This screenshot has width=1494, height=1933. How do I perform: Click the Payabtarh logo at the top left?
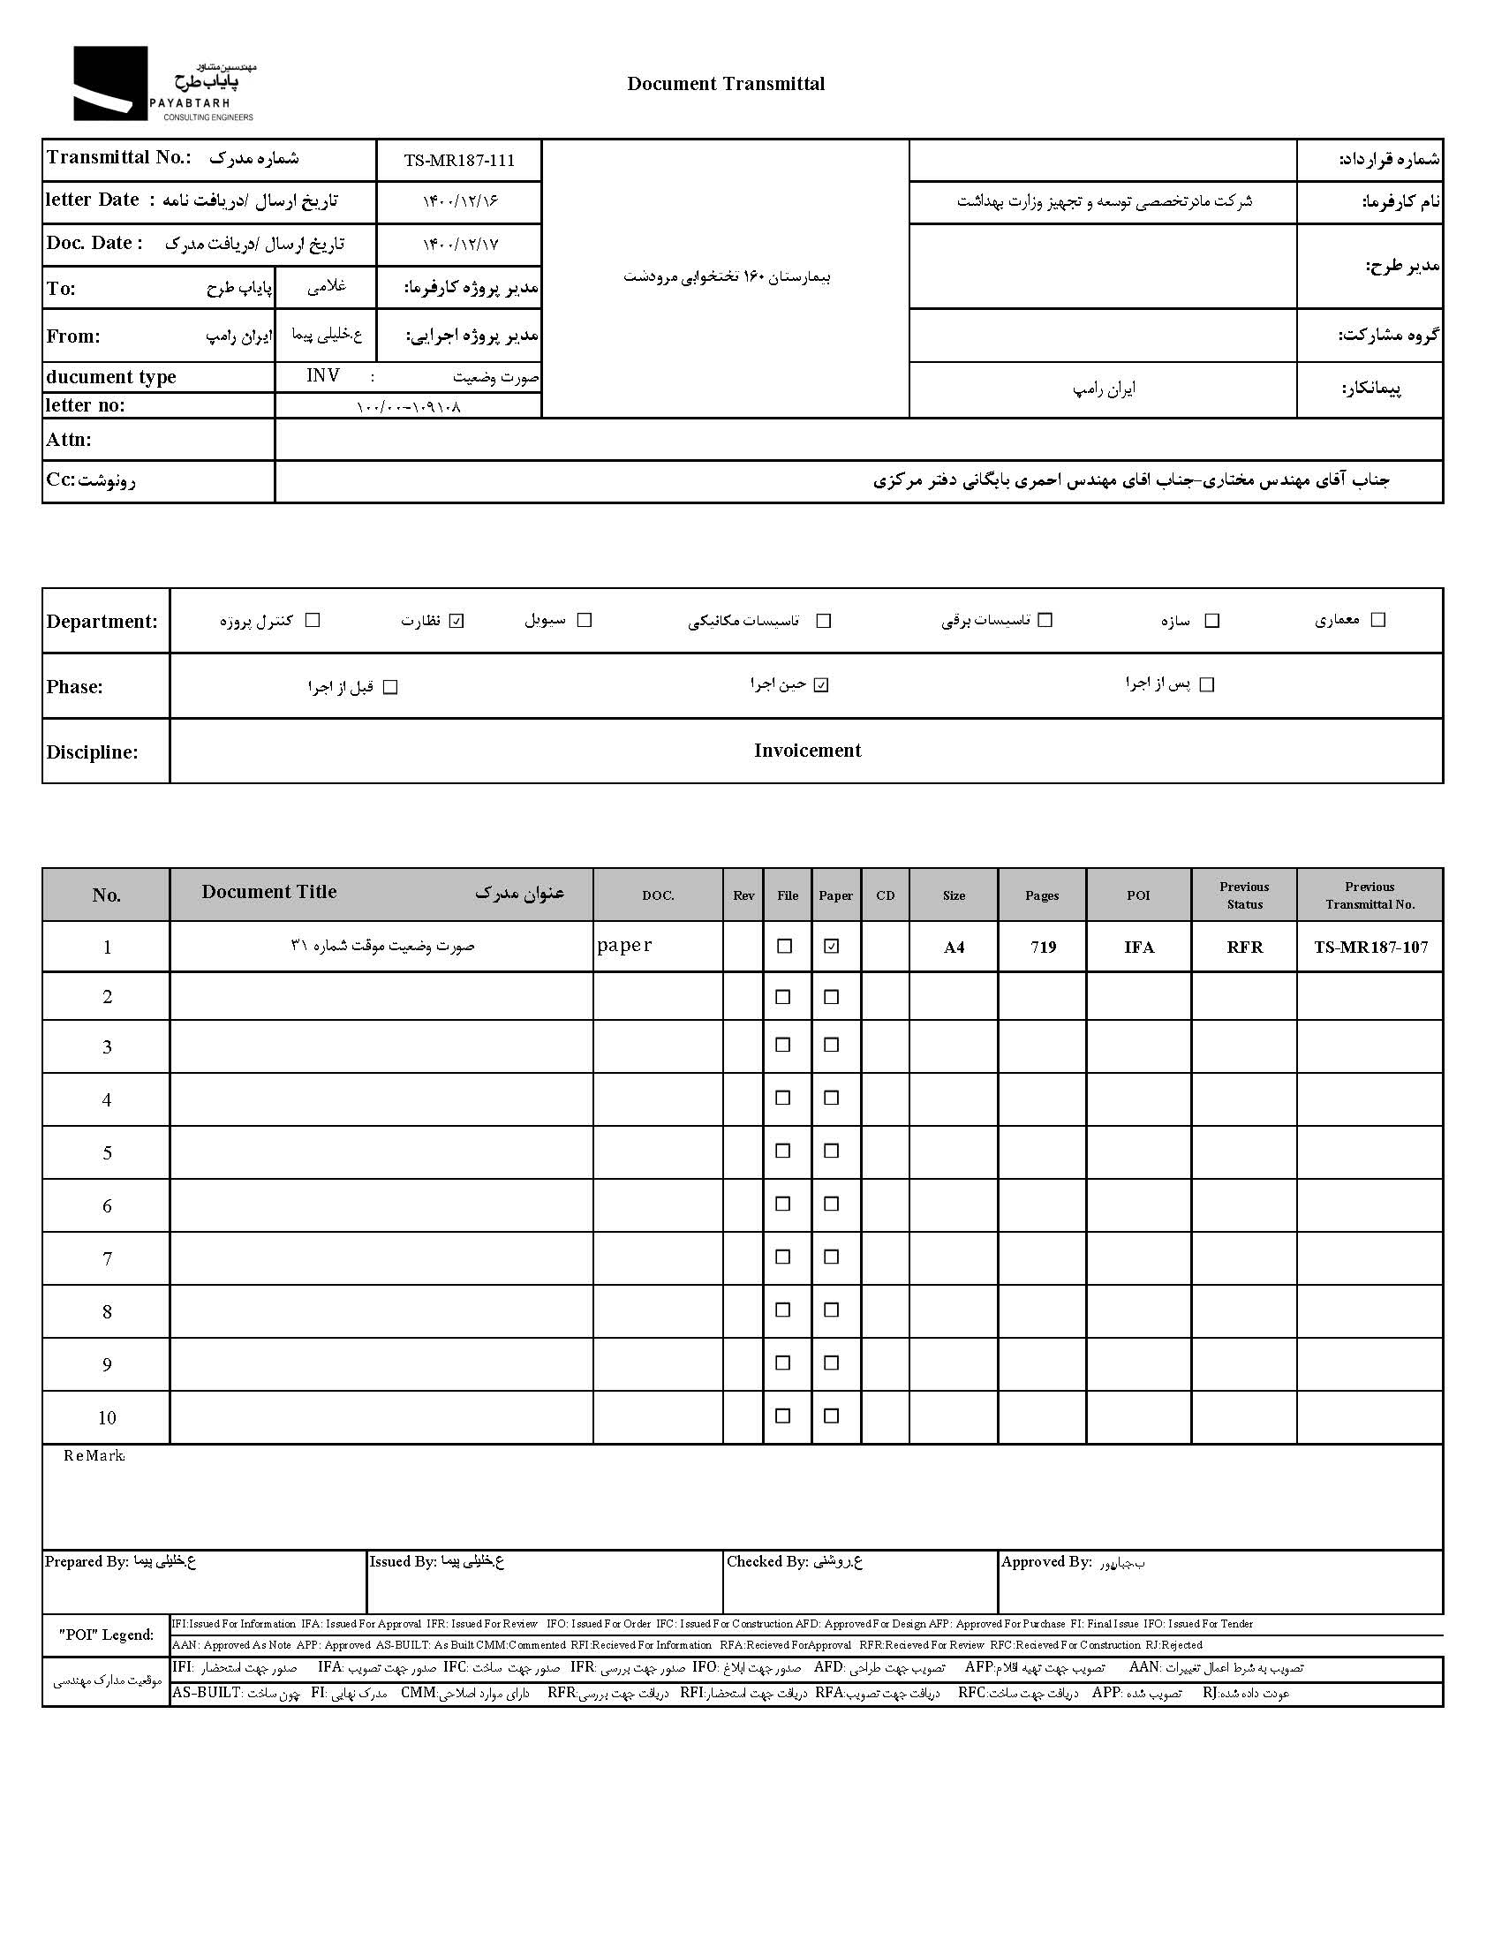click(163, 85)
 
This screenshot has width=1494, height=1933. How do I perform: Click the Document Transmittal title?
click(726, 84)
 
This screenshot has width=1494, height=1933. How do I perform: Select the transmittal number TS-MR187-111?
click(458, 160)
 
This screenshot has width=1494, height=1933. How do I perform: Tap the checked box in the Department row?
click(456, 621)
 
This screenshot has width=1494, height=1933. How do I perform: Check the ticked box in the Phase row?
click(821, 685)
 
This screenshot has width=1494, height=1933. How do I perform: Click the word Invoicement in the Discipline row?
click(807, 751)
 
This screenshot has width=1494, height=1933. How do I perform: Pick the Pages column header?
click(1042, 895)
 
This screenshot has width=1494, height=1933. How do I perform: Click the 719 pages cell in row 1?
click(1043, 947)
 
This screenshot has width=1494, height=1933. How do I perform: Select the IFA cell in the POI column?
click(1138, 947)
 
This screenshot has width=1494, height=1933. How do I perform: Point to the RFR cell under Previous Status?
click(1243, 947)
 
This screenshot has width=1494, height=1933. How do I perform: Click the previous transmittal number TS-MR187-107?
click(1370, 947)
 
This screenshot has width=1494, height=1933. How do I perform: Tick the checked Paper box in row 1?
click(831, 946)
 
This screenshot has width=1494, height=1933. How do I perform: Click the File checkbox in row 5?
click(783, 1151)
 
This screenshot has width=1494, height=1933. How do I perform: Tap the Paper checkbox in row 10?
click(831, 1416)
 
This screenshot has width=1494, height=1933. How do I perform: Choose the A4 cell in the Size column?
click(954, 947)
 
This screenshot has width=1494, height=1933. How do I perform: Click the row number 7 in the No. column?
click(107, 1258)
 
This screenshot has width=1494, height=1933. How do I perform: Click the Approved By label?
click(1045, 1562)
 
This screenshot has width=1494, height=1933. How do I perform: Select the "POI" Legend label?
click(106, 1635)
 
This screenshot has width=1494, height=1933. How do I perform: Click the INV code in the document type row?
click(323, 376)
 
